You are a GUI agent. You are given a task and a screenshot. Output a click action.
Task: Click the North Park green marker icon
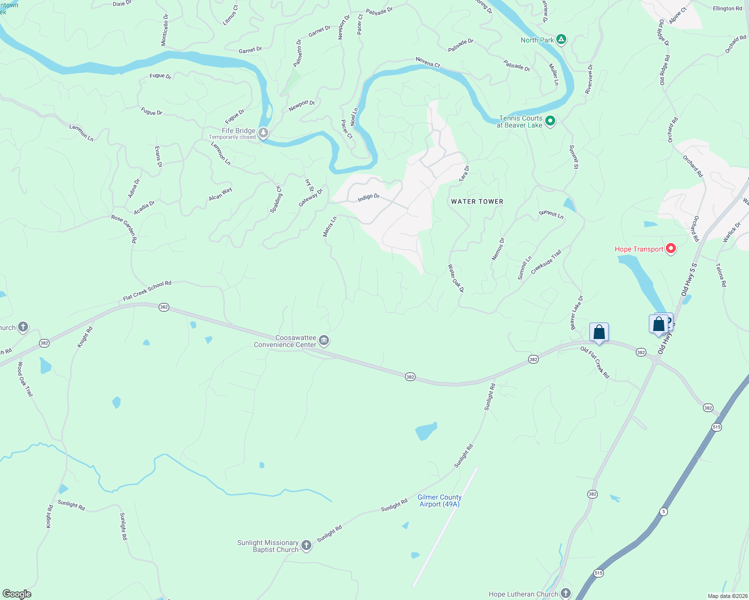tap(561, 40)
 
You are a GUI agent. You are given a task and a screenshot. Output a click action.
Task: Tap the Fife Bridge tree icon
tap(263, 133)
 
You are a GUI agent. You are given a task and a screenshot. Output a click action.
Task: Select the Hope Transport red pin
tap(670, 248)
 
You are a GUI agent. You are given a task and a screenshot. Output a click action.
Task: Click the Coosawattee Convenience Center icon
tap(324, 341)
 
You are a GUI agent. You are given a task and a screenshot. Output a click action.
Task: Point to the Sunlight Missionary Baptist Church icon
tap(306, 546)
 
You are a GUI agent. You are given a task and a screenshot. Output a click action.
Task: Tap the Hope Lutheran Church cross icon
tap(566, 593)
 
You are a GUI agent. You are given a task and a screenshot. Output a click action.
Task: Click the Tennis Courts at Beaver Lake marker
tap(550, 121)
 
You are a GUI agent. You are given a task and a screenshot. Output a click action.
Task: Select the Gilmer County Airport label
tap(440, 500)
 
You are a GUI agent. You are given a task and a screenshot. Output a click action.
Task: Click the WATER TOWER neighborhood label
tap(477, 201)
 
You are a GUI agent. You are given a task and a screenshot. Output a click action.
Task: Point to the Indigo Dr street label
tap(368, 197)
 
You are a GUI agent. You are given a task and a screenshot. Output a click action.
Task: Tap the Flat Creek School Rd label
tap(147, 290)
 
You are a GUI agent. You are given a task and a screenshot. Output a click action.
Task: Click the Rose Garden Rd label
tap(124, 229)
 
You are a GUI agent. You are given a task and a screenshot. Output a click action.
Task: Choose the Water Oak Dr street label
tap(456, 278)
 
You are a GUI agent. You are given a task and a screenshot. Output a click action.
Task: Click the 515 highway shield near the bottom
tap(598, 573)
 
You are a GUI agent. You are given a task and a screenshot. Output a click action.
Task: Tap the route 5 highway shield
tap(663, 511)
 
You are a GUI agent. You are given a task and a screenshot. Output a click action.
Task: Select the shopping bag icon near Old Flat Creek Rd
tap(599, 332)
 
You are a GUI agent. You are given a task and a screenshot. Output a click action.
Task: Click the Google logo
tap(17, 594)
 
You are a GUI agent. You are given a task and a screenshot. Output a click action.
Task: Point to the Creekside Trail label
tap(546, 262)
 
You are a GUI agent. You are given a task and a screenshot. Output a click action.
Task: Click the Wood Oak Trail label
tap(26, 379)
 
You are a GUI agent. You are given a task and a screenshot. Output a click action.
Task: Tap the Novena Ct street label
tap(428, 62)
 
